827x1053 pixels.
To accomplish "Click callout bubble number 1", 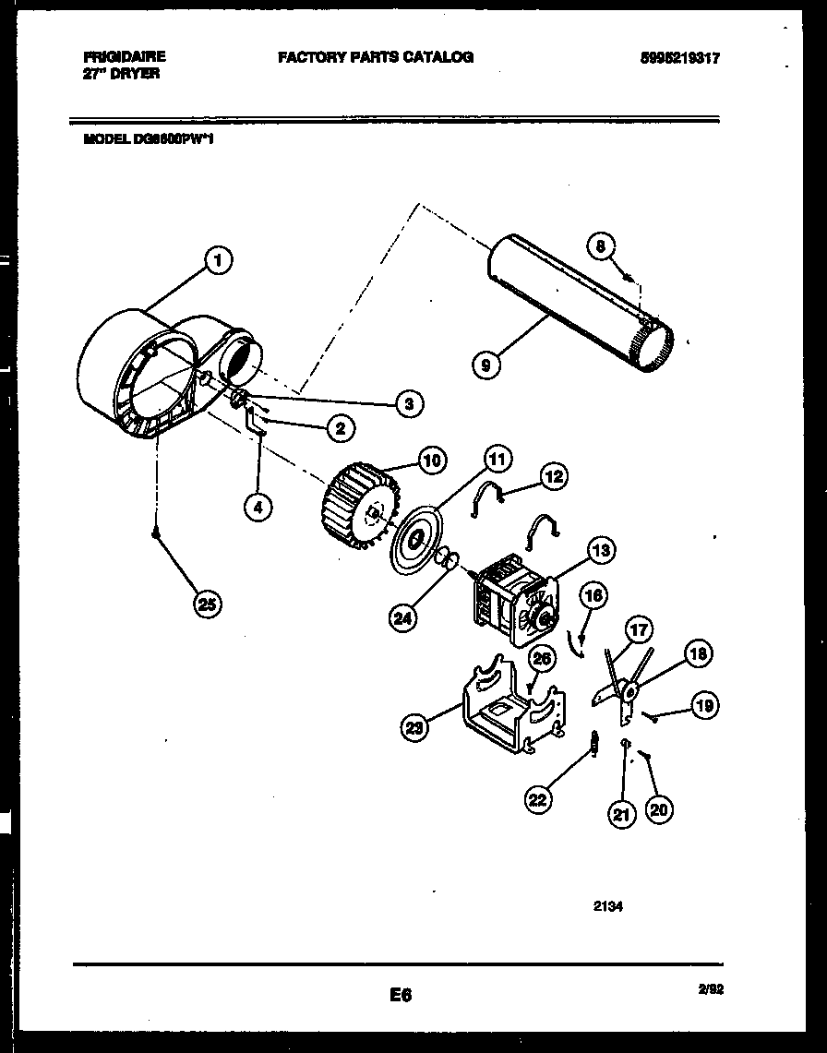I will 218,261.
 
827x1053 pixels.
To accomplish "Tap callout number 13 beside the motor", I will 601,552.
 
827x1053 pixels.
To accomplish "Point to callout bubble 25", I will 208,604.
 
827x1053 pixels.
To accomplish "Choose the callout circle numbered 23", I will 416,729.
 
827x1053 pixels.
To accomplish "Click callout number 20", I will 659,809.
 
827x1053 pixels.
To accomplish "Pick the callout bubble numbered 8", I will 601,246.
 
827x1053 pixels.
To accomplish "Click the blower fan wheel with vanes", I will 360,506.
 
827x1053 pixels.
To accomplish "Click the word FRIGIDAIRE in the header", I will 124,57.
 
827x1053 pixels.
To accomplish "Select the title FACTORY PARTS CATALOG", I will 376,57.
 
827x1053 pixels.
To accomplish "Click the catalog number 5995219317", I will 679,58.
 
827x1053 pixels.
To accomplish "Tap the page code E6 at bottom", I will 400,996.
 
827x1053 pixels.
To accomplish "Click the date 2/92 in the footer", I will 712,988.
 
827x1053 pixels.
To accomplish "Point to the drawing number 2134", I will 607,906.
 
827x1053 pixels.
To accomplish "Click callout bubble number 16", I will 593,596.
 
